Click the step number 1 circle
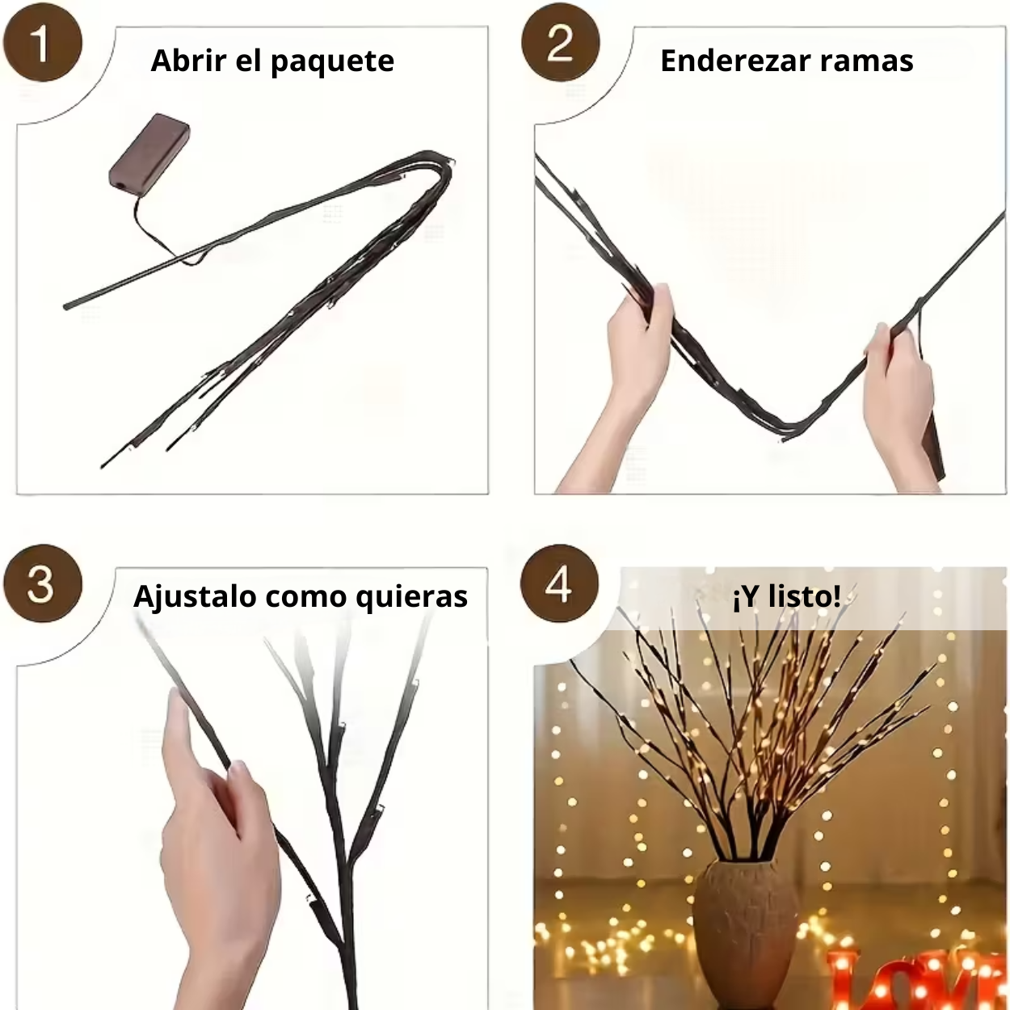(42, 43)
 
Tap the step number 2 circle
(560, 43)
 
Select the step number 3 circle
(42, 583)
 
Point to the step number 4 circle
(559, 583)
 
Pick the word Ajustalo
(194, 597)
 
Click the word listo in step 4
(803, 596)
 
